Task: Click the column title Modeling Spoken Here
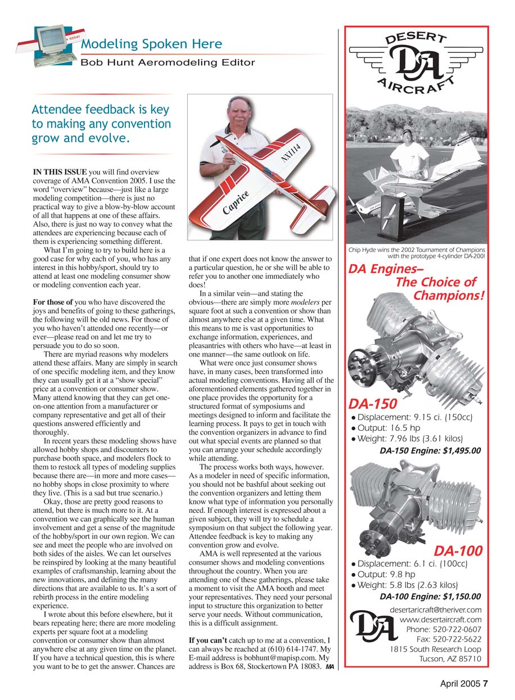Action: click(x=151, y=44)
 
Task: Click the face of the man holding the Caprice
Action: click(x=241, y=113)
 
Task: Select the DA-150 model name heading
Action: click(x=373, y=404)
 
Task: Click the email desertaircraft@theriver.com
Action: click(x=435, y=609)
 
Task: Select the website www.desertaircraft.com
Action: click(x=440, y=620)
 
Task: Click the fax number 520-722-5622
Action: click(x=449, y=639)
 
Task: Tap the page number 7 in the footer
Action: click(x=485, y=684)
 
